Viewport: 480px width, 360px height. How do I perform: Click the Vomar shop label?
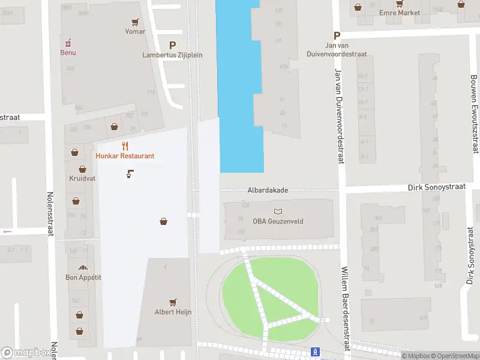tap(135, 31)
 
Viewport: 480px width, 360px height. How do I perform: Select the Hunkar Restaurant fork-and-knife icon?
tap(125, 146)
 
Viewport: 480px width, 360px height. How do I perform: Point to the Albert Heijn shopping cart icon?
tap(173, 302)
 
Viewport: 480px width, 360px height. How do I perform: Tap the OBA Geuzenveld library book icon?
tap(278, 211)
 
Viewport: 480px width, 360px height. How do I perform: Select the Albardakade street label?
tap(268, 190)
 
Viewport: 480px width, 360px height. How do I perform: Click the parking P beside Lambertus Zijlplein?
tap(173, 44)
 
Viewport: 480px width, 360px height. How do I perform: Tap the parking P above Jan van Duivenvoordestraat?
tap(337, 35)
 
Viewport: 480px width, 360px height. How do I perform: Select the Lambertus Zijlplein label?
tap(172, 55)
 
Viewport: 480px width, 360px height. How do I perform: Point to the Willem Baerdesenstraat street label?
tap(346, 310)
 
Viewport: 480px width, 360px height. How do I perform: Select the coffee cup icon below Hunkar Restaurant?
tap(130, 174)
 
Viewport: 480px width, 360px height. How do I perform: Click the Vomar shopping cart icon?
tap(136, 22)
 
